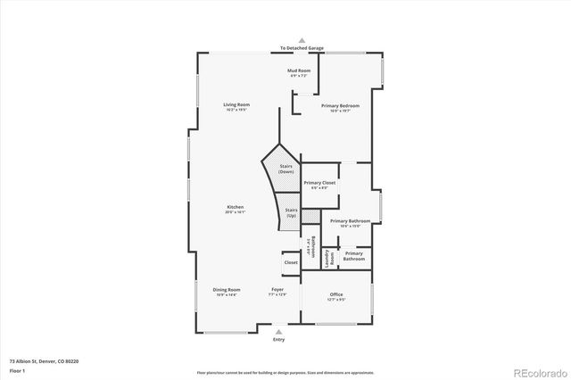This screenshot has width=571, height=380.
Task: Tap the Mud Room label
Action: click(299, 70)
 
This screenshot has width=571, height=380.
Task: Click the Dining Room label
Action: click(227, 290)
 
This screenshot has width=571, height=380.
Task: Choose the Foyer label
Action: click(278, 290)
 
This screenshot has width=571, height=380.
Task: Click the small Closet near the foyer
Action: click(291, 263)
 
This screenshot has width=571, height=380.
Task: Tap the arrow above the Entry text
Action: click(278, 331)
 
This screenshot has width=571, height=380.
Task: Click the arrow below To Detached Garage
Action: click(302, 41)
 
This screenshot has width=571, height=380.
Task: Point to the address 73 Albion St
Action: click(46, 362)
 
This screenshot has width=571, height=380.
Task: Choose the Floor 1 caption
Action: click(18, 371)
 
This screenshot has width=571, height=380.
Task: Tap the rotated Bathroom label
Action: click(311, 246)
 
